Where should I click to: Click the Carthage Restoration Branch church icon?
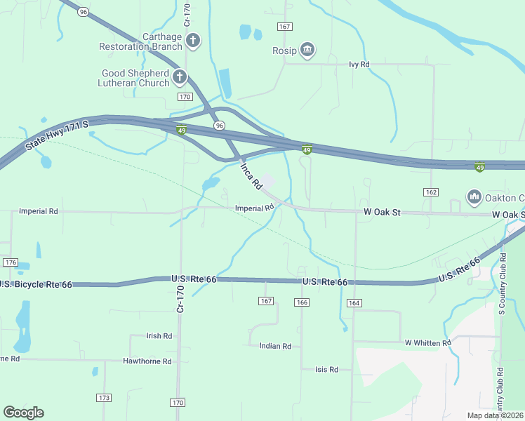click(194, 41)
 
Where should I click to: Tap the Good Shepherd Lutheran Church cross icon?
click(180, 77)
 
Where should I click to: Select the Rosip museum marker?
click(307, 50)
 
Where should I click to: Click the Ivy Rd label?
click(359, 64)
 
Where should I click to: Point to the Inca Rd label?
click(251, 175)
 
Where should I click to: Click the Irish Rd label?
click(159, 336)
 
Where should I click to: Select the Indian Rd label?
click(275, 346)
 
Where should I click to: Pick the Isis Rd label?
click(326, 369)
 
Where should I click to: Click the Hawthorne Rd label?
click(147, 361)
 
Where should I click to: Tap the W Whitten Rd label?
click(427, 342)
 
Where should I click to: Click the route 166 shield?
click(302, 302)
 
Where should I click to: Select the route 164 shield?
click(354, 302)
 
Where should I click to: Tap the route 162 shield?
click(431, 192)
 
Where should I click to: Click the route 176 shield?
click(10, 262)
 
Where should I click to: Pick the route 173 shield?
click(105, 398)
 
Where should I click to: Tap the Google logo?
click(23, 413)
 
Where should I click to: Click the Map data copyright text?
click(496, 415)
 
